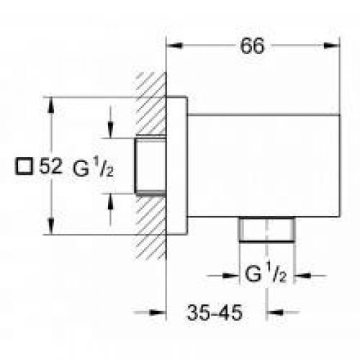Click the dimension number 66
[x=252, y=45]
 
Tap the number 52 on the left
[x=49, y=166]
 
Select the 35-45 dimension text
[x=215, y=313]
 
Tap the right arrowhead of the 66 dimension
[x=334, y=45]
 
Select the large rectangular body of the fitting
[x=263, y=166]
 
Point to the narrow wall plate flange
[x=176, y=166]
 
